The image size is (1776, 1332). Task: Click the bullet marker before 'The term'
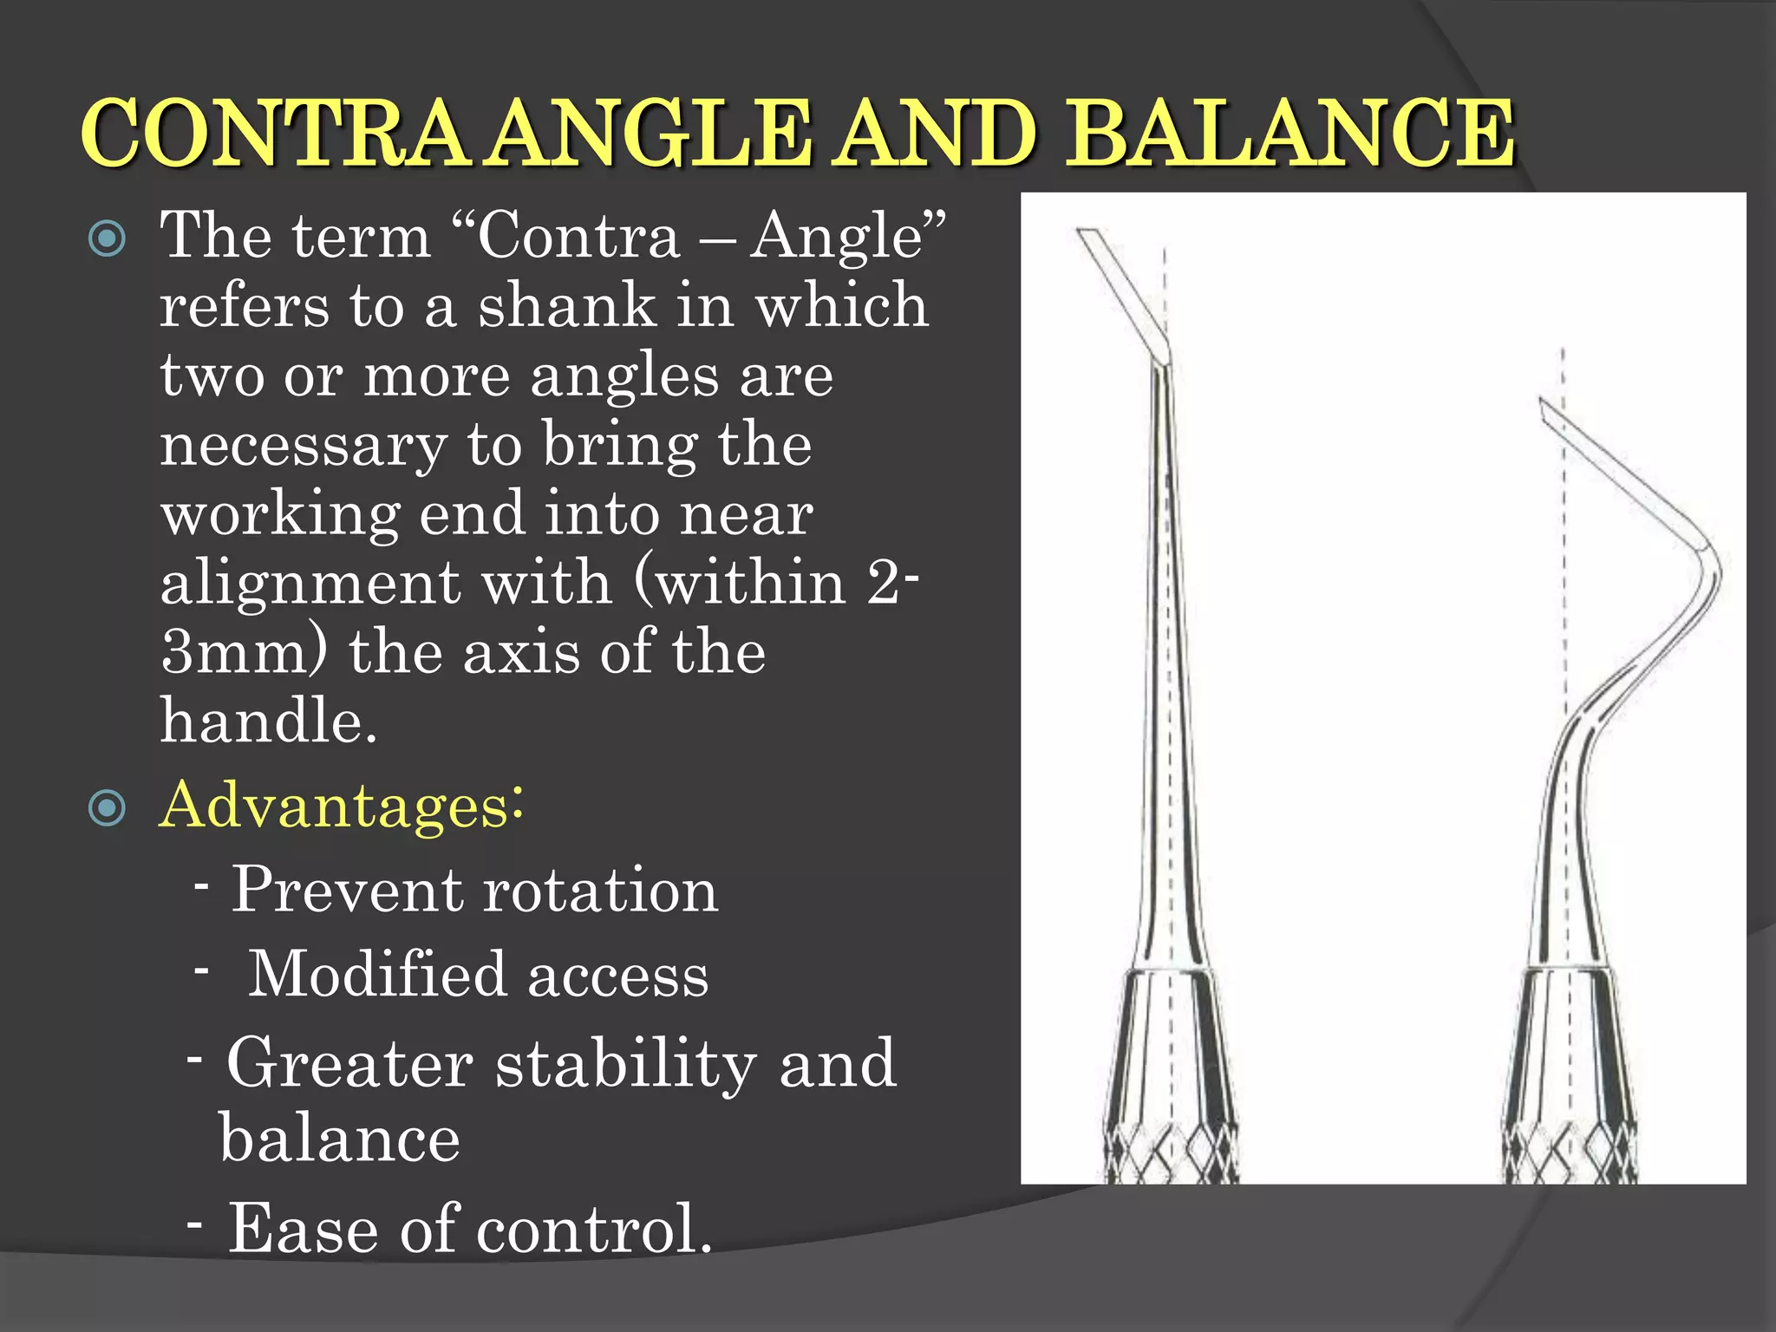pos(108,238)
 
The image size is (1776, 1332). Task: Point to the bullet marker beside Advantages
pos(108,808)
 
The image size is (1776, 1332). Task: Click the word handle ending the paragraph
pos(267,721)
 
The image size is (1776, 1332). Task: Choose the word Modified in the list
pos(375,975)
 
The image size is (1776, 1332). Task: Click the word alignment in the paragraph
pos(310,583)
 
